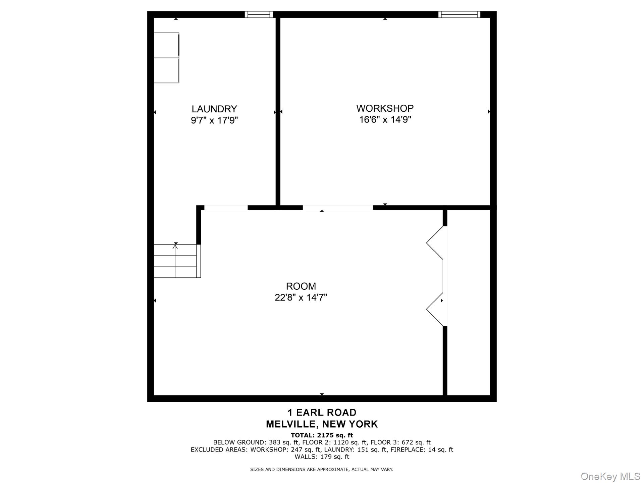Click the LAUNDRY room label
click(214, 109)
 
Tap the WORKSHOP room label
click(385, 108)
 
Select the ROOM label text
click(301, 286)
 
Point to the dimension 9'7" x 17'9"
click(214, 120)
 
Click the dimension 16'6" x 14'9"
click(385, 119)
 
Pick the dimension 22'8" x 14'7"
click(301, 298)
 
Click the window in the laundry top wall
click(259, 14)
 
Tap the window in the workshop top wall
click(459, 14)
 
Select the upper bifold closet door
click(435, 243)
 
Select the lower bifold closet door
click(435, 309)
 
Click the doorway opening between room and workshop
click(338, 208)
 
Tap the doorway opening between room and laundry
click(226, 208)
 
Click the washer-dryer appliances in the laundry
click(166, 58)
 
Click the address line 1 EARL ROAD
click(322, 413)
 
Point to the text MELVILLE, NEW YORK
click(322, 424)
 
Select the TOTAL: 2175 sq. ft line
click(322, 435)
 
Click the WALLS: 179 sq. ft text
click(322, 457)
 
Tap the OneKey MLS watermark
click(610, 476)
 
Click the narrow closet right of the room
click(469, 302)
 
